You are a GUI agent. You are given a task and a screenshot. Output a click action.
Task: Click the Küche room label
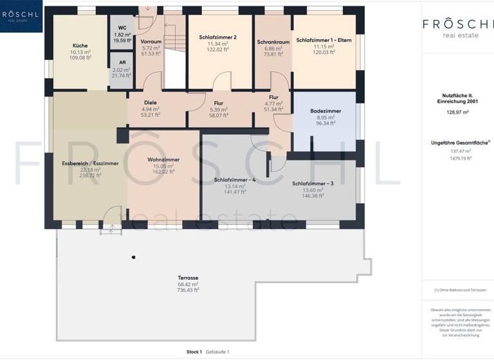click(80, 46)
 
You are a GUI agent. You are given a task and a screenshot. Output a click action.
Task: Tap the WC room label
click(122, 28)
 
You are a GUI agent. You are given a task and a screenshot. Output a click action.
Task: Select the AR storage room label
click(122, 62)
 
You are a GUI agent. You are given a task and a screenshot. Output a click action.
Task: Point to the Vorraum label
click(151, 42)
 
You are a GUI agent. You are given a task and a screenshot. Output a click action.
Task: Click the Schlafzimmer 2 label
click(218, 38)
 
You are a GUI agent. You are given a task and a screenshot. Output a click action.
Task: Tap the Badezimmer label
click(325, 111)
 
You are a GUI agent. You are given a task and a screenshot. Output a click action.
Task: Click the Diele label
click(151, 103)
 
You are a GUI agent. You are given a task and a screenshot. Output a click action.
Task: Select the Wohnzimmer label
click(163, 159)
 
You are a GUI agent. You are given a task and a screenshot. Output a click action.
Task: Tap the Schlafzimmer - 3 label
click(313, 184)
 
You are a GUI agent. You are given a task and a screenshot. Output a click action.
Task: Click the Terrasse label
click(188, 278)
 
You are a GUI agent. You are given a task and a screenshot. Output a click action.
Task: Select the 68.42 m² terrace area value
click(188, 284)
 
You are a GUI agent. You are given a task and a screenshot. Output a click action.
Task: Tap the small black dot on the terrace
click(133, 258)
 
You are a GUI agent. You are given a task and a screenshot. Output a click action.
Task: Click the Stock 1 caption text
click(194, 352)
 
